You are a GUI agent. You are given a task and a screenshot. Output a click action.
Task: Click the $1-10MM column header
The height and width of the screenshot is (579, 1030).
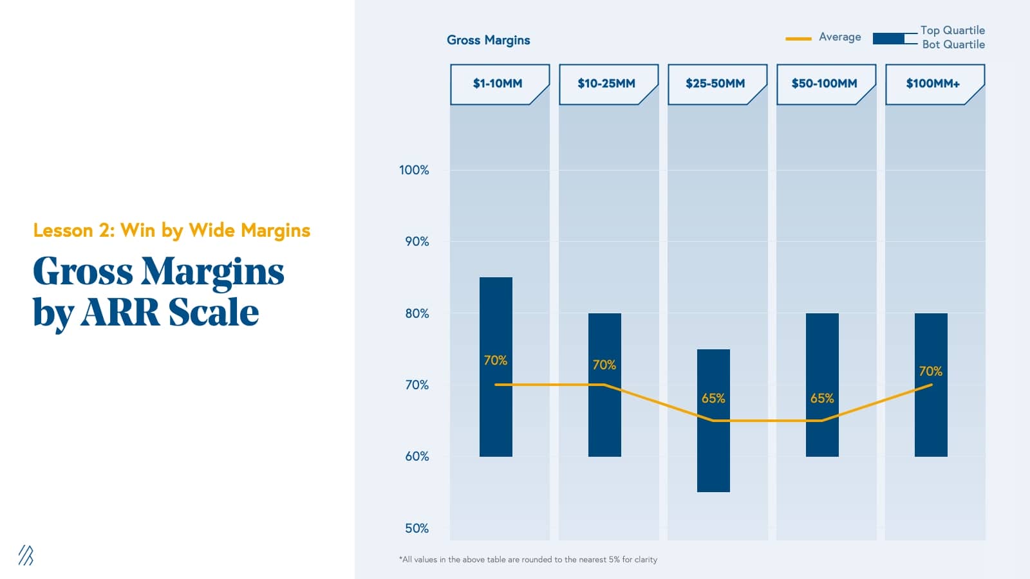(498, 84)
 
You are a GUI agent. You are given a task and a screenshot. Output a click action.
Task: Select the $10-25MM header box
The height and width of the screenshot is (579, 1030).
(606, 84)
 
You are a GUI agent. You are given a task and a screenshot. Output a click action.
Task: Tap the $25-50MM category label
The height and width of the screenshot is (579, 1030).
(715, 84)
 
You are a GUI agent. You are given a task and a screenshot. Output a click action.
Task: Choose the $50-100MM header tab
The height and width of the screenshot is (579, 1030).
(824, 84)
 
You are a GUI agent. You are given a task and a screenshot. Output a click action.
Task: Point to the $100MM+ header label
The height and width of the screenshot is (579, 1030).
(933, 84)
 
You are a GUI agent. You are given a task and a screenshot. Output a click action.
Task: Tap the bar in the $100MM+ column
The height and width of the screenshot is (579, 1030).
(931, 418)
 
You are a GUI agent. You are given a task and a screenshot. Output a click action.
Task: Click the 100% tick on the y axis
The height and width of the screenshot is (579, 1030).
(414, 170)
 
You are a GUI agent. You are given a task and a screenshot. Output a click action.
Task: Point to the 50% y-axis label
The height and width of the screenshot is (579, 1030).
(417, 528)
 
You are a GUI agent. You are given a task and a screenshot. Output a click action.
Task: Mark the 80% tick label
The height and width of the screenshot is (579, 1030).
(417, 313)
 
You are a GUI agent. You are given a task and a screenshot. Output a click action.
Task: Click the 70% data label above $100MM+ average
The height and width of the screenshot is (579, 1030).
(930, 371)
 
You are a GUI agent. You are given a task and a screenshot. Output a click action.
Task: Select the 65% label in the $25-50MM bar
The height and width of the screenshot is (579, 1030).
(713, 398)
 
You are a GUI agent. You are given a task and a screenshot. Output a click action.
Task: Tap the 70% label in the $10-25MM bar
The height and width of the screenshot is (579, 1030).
(604, 365)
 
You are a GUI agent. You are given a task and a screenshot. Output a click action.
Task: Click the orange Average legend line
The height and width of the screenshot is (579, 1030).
(798, 39)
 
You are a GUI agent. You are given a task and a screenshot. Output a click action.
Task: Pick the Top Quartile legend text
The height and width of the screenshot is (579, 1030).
(952, 30)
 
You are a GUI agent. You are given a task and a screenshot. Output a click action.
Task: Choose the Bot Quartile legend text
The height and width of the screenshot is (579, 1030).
(953, 44)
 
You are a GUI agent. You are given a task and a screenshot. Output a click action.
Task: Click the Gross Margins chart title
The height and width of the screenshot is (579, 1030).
(489, 40)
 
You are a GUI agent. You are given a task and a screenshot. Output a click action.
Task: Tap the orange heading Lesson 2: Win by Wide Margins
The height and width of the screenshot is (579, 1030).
(172, 230)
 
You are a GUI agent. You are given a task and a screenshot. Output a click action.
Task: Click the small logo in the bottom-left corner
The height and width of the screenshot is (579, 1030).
(26, 555)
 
